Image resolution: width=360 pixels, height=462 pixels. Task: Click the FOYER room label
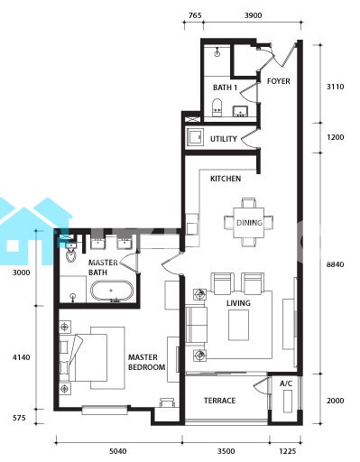[279, 81]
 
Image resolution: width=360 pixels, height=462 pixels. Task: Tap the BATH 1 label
[225, 88]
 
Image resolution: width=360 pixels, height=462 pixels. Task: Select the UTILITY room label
[224, 139]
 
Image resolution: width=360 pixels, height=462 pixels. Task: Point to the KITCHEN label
[226, 179]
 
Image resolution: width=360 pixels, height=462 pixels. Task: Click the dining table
[249, 223]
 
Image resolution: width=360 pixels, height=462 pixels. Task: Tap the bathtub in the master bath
[112, 291]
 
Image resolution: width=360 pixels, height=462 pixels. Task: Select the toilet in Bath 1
[217, 107]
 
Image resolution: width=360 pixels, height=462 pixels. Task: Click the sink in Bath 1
[240, 111]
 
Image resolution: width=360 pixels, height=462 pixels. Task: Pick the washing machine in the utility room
[195, 137]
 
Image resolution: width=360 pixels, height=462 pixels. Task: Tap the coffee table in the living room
[238, 325]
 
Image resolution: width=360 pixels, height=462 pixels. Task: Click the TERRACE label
[219, 401]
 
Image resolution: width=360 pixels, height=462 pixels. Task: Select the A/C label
[286, 383]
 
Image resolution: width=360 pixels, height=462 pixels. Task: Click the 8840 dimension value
[336, 264]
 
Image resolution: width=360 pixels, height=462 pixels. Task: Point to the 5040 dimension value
[118, 451]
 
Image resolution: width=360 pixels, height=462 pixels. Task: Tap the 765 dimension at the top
[195, 15]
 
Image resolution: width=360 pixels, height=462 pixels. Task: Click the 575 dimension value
[19, 418]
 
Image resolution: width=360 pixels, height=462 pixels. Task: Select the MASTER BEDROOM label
[146, 362]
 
